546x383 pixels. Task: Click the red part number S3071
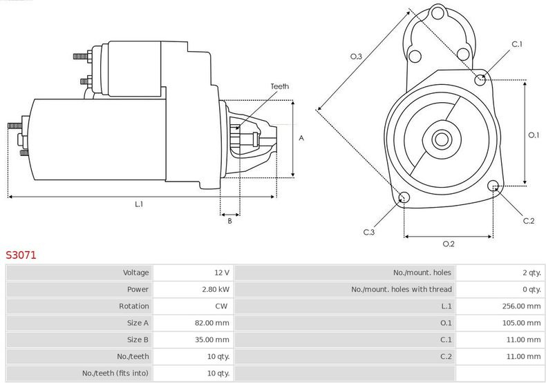point(21,255)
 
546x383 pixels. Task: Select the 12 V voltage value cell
point(221,273)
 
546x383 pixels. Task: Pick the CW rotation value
point(222,306)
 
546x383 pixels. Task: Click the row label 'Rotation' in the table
point(134,306)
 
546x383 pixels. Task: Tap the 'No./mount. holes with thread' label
point(402,289)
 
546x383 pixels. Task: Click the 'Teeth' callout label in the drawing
point(279,86)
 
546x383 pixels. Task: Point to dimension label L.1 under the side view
point(138,204)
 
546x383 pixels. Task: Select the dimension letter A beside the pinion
point(301,138)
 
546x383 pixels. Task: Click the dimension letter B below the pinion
point(229,221)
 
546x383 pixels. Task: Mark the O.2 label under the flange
point(448,244)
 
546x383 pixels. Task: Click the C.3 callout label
point(369,232)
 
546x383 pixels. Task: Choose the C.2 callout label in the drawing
point(528,221)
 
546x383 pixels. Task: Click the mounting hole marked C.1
point(481,79)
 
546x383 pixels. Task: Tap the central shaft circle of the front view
point(441,139)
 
